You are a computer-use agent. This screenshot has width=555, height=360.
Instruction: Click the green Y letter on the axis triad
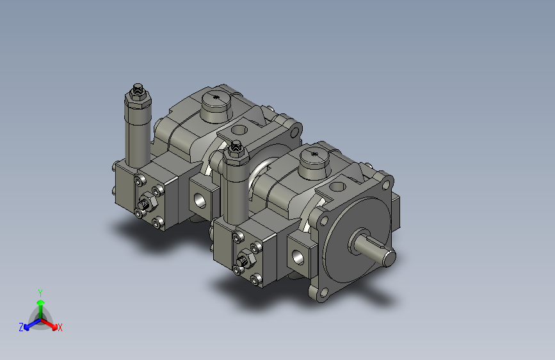40,291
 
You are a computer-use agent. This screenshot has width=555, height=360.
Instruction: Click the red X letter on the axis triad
60,327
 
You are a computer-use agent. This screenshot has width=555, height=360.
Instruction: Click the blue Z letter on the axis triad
20,327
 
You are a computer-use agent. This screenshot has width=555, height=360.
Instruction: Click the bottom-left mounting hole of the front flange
320,294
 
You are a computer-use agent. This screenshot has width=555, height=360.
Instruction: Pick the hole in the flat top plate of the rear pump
239,129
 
